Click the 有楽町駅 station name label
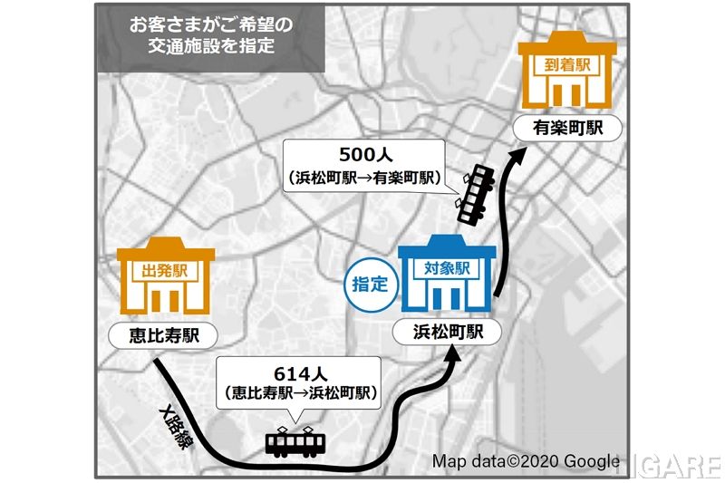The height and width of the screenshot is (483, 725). (x=568, y=128)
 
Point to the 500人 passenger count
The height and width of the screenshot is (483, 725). (x=365, y=154)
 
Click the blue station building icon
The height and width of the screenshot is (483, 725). (x=448, y=275)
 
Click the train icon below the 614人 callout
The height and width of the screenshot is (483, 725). (x=296, y=441)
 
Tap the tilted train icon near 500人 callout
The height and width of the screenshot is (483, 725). (x=473, y=194)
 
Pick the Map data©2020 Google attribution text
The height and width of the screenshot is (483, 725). (x=525, y=461)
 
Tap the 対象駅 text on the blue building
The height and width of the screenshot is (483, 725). (x=447, y=268)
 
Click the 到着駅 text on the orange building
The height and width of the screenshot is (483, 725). (x=568, y=65)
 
